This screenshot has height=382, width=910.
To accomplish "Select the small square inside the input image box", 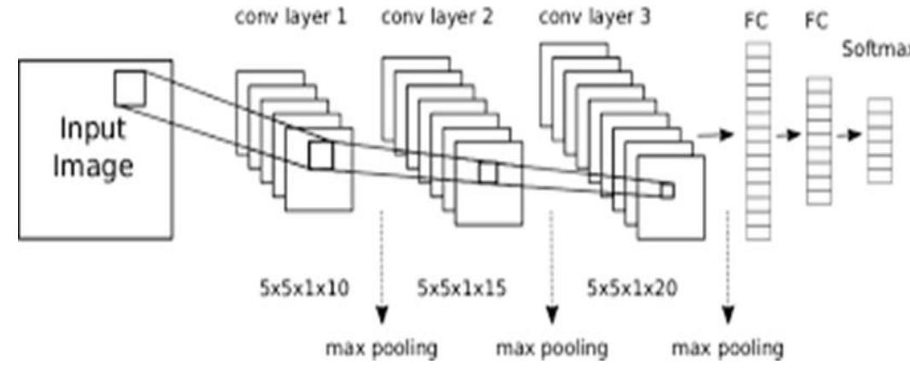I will [x=131, y=88].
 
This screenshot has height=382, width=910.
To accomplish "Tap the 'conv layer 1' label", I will [x=291, y=17].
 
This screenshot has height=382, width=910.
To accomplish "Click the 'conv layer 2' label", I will [x=437, y=17].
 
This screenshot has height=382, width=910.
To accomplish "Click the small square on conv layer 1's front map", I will [x=320, y=156].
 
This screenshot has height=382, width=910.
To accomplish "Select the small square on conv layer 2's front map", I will [x=487, y=172].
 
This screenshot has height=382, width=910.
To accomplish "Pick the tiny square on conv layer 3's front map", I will [x=666, y=191].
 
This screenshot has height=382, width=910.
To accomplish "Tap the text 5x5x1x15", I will [x=461, y=289].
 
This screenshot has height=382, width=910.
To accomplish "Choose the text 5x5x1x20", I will [x=632, y=289].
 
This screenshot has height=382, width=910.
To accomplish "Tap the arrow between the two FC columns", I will [x=787, y=135].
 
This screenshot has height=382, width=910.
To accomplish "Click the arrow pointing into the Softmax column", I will [x=848, y=135].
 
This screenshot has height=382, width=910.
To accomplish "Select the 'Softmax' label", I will [x=876, y=49].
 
